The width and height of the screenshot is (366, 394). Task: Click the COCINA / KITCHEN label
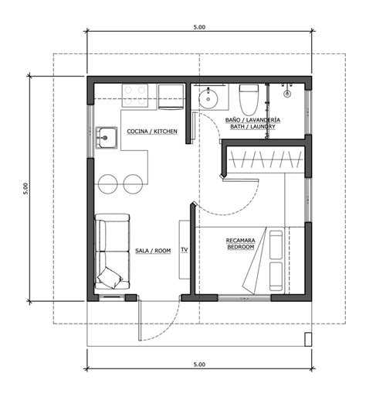[x=152, y=132]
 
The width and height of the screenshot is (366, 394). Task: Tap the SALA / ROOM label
[x=153, y=251]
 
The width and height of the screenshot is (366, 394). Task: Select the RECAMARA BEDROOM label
[x=241, y=244]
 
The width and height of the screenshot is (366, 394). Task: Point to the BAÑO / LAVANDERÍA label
[x=252, y=120]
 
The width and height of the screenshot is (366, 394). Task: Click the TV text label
[x=185, y=250]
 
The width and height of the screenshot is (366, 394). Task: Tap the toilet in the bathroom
[x=249, y=100]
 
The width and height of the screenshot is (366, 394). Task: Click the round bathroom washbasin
[x=208, y=98]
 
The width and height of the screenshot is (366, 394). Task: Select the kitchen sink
[x=107, y=138]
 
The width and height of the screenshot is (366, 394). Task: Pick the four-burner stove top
[x=135, y=96]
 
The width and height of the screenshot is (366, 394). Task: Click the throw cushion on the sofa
[x=110, y=278]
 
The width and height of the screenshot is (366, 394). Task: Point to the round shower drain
[x=287, y=94]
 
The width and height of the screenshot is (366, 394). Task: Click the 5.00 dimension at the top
[x=199, y=27]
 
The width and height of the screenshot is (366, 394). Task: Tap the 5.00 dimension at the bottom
[x=199, y=365]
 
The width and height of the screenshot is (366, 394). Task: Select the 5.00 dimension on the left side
[x=25, y=189]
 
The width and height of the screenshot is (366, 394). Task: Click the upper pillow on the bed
[x=276, y=245]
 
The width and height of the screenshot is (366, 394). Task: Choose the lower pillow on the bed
[x=276, y=276]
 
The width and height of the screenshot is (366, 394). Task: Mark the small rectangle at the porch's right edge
[x=308, y=339]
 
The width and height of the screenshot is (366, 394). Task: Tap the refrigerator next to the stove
[x=171, y=97]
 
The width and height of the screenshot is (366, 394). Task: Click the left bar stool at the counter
[x=108, y=184]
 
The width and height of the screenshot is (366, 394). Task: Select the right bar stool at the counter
[x=133, y=184]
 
